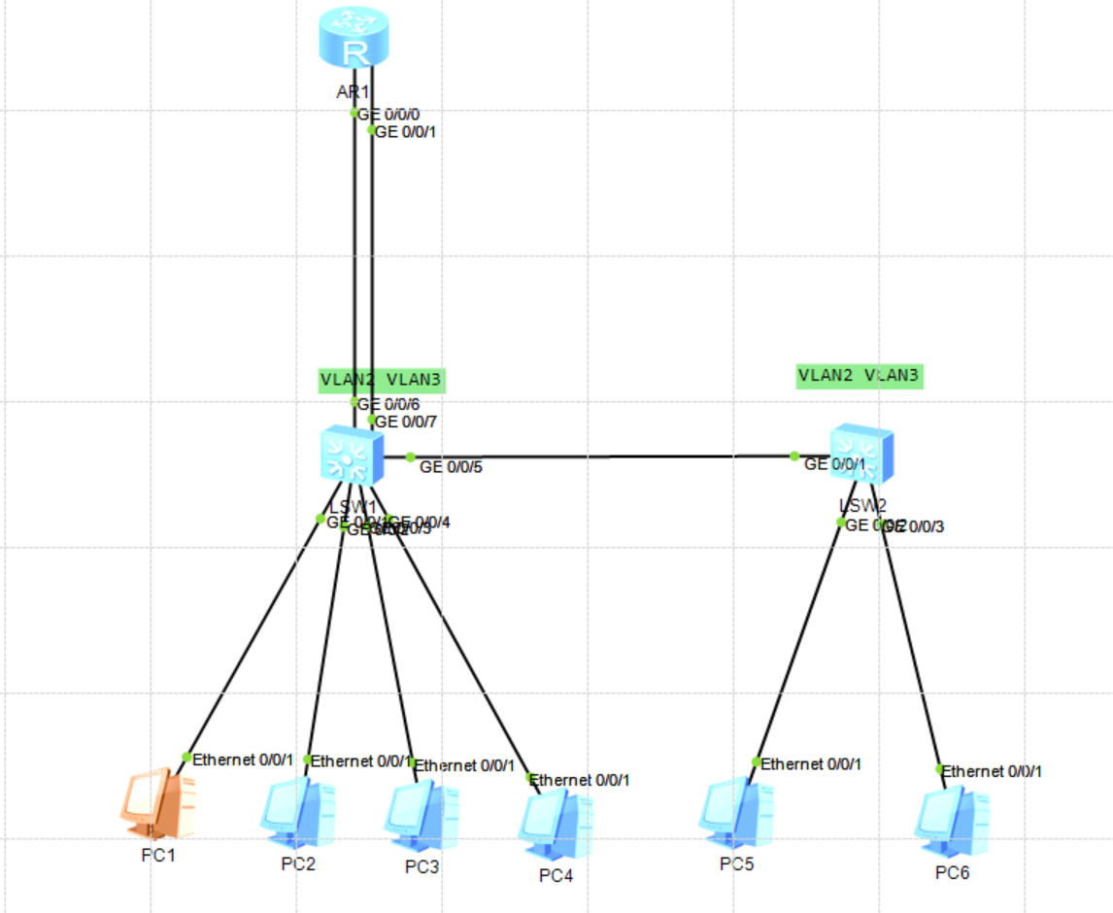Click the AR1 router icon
[x=354, y=41]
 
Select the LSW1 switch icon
[x=353, y=456]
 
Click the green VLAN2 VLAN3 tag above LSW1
[x=382, y=380]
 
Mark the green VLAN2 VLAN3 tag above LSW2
[x=859, y=375]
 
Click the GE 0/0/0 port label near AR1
[x=389, y=114]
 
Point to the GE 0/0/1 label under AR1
[x=406, y=132]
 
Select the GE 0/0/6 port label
[x=389, y=404]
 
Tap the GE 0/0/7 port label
[x=406, y=422]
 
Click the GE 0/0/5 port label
[x=451, y=467]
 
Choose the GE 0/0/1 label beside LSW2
[x=834, y=464]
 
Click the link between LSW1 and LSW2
[x=602, y=456]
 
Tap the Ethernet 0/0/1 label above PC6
[x=994, y=771]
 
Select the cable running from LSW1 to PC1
[x=253, y=638]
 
